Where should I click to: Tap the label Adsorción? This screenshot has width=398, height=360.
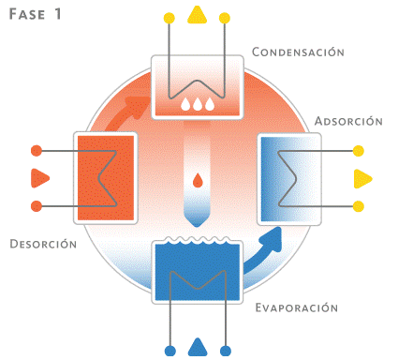[x=347, y=121]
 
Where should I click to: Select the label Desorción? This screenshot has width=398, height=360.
[x=43, y=243]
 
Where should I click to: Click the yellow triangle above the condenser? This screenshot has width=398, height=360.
[x=197, y=15]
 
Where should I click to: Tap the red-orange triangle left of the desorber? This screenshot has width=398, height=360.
[x=38, y=176]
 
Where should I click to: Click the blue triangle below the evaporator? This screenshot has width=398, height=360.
[x=197, y=348]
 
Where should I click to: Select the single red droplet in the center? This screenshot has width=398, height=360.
[x=197, y=181]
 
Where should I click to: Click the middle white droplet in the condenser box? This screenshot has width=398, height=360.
[x=197, y=105]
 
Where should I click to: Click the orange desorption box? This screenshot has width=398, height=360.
[x=105, y=176]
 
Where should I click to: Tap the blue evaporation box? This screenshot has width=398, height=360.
[x=197, y=273]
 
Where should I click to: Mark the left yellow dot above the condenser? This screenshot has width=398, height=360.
[x=168, y=18]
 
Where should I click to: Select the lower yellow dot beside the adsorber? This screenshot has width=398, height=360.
[x=359, y=205]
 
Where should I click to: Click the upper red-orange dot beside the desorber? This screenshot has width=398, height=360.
[x=36, y=149]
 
